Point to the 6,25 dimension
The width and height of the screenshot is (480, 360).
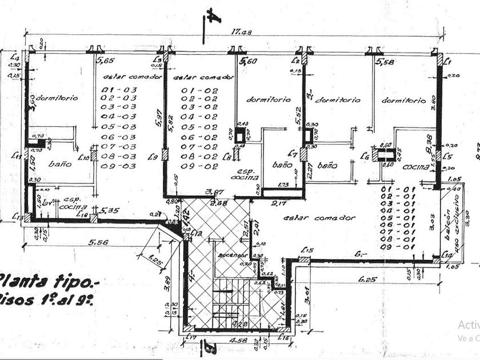pos(368,279)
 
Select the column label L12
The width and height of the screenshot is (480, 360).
pos(198,233)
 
